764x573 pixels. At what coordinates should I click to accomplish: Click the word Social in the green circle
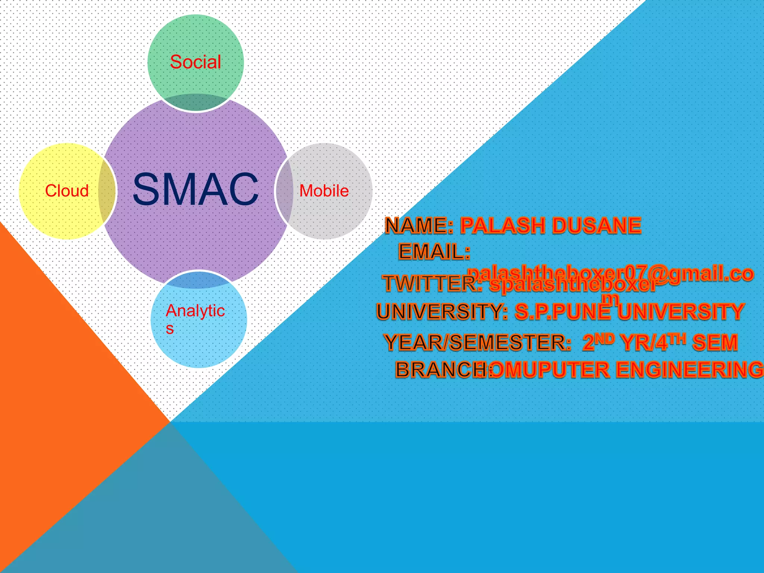195,62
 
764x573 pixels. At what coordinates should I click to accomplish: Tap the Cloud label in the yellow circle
67,191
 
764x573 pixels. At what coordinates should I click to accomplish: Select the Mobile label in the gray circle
324,191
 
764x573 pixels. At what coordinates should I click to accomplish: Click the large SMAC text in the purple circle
195,189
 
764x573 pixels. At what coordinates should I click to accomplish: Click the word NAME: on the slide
419,226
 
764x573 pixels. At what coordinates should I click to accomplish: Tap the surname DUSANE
597,226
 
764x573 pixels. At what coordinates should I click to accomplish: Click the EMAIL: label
434,252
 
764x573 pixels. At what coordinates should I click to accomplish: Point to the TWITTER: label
433,284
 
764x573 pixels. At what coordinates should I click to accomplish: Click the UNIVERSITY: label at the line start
442,312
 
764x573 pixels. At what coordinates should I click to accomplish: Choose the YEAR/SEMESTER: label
477,342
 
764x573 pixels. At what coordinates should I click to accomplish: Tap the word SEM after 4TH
715,342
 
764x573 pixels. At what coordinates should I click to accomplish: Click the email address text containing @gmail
610,274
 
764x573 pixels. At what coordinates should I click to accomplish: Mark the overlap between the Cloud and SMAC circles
107,191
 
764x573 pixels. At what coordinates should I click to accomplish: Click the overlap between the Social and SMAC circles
196,102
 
